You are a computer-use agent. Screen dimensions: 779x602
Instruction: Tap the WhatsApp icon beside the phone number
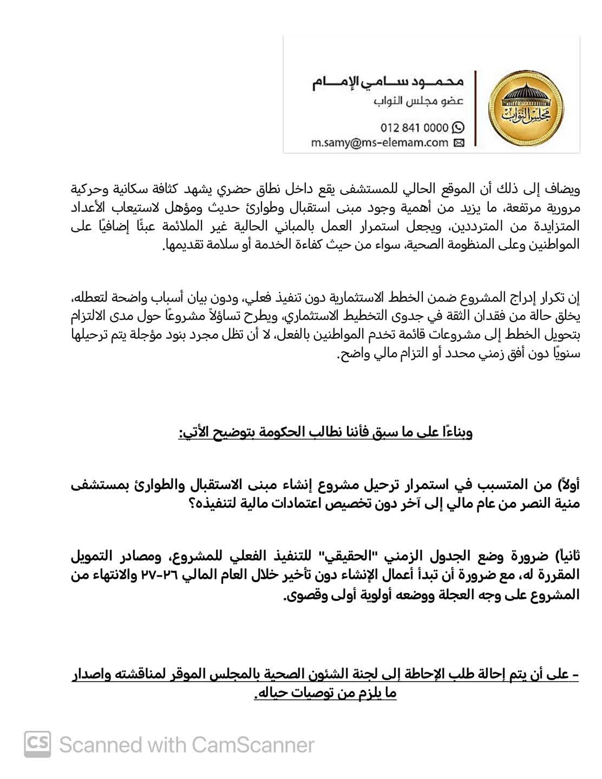pos(458,128)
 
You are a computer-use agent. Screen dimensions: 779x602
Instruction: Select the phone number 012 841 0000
pos(414,128)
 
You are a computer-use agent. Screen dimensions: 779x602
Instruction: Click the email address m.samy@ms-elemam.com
pos(379,143)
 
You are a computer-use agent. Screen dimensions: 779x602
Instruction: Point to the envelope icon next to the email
pos(458,143)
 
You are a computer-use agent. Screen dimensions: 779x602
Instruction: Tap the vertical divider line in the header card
pos(476,108)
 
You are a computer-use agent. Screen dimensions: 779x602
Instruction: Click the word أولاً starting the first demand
pos(566,485)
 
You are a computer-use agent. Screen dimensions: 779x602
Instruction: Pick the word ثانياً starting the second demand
pos(566,556)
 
